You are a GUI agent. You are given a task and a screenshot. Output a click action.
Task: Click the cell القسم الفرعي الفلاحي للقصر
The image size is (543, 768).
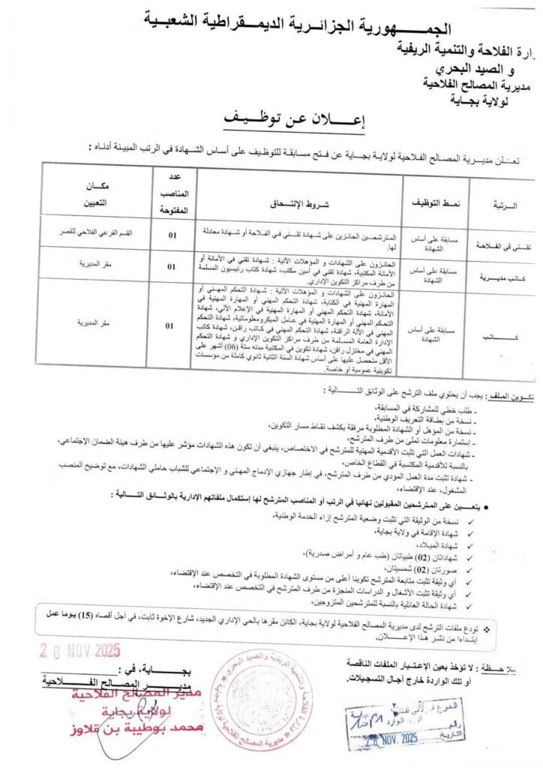click(x=98, y=232)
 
